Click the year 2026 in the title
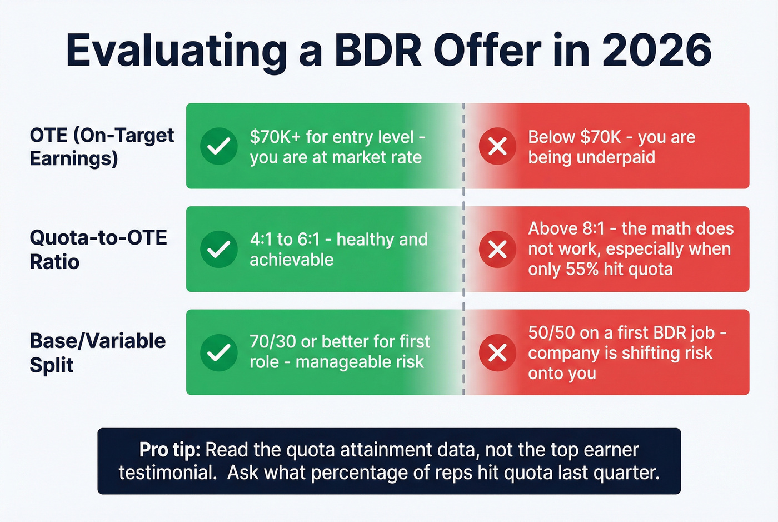click(x=656, y=51)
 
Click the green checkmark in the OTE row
click(x=219, y=146)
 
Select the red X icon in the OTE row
click(x=497, y=146)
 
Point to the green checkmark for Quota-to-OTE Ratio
click(x=219, y=250)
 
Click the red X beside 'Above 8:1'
click(x=497, y=250)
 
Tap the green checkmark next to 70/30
click(x=219, y=352)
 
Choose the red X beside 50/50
click(x=497, y=352)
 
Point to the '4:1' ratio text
click(x=261, y=240)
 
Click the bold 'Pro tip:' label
click(x=169, y=449)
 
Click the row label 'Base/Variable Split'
click(x=97, y=352)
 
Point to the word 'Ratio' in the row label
click(x=54, y=262)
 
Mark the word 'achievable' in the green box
click(x=291, y=260)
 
